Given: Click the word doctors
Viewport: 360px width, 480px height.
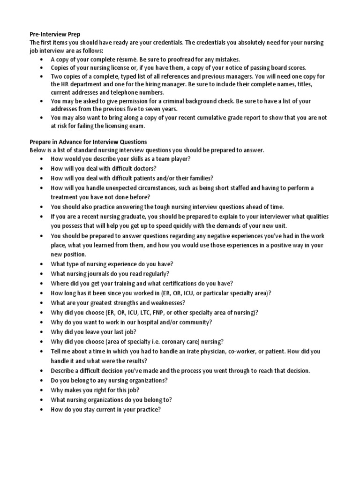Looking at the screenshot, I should [x=141, y=168].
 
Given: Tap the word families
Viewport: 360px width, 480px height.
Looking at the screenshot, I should [x=197, y=178].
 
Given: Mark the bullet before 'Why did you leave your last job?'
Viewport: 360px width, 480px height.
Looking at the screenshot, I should [x=43, y=332].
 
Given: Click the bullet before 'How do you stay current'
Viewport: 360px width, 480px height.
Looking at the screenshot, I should [x=43, y=409].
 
